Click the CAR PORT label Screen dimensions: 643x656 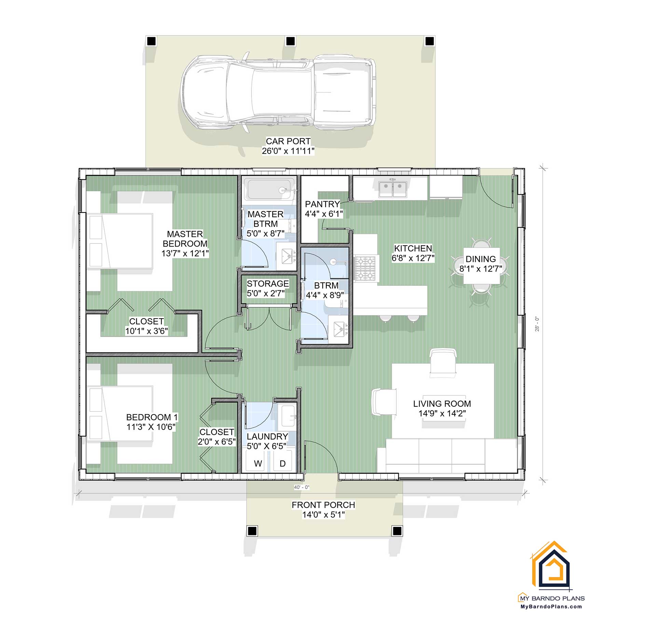pos(288,141)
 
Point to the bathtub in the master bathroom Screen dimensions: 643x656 pos(270,189)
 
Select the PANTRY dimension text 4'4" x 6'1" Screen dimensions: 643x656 pos(324,214)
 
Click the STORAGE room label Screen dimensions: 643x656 pos(268,284)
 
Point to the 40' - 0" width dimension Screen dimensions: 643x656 pos(301,487)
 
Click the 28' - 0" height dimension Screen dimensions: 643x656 pos(537,324)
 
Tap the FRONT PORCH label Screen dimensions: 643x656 pos(323,505)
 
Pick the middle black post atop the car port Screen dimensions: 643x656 pos(290,41)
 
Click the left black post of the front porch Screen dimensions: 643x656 pos(252,531)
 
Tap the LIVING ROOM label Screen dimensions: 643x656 pos(442,404)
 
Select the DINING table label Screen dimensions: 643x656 pos(480,259)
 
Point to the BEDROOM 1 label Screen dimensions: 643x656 pos(152,417)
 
